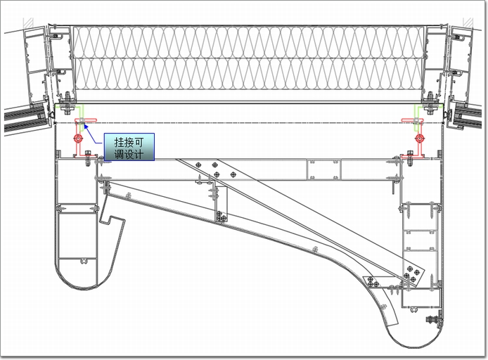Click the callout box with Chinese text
point(129,146)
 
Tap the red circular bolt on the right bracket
point(419,139)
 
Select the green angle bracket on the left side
point(82,112)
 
